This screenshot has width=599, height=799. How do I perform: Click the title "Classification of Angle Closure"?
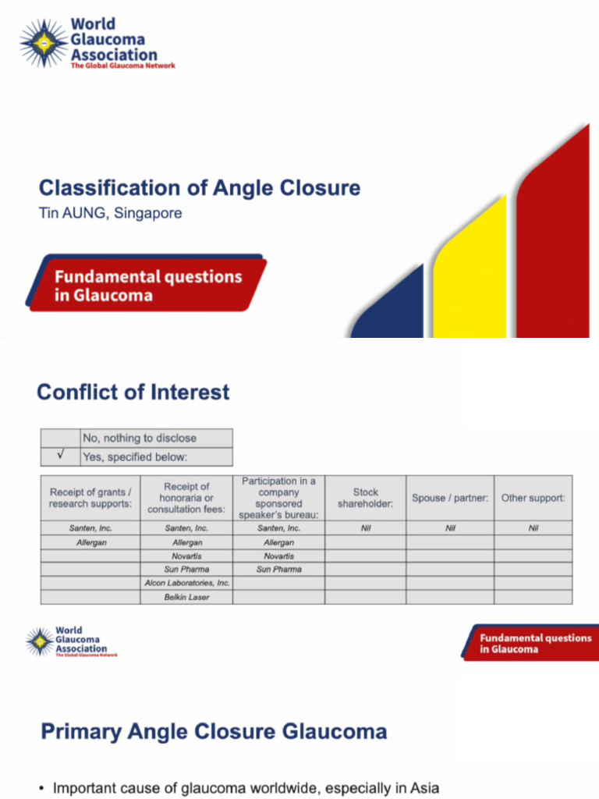pyautogui.click(x=200, y=188)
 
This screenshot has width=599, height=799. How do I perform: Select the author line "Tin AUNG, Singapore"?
pyautogui.click(x=110, y=213)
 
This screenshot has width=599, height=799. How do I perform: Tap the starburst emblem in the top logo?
pyautogui.click(x=44, y=44)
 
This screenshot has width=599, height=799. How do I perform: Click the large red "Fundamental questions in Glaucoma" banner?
pyautogui.click(x=147, y=286)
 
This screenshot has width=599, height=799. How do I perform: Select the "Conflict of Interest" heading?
pyautogui.click(x=133, y=391)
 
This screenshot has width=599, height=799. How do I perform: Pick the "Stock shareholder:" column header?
pyautogui.click(x=365, y=498)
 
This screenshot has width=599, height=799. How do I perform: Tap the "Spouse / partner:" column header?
pyautogui.click(x=450, y=498)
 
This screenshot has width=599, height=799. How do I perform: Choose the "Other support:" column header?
pyautogui.click(x=533, y=498)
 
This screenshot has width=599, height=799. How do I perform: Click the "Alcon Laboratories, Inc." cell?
pyautogui.click(x=187, y=583)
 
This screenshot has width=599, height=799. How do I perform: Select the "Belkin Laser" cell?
pyautogui.click(x=187, y=597)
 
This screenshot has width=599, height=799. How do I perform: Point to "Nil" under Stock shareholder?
pyautogui.click(x=365, y=528)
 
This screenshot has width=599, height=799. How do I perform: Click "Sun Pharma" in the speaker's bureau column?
pyautogui.click(x=278, y=570)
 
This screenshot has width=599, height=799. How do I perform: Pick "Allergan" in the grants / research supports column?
pyautogui.click(x=90, y=542)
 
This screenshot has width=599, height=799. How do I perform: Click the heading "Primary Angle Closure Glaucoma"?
pyautogui.click(x=213, y=732)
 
